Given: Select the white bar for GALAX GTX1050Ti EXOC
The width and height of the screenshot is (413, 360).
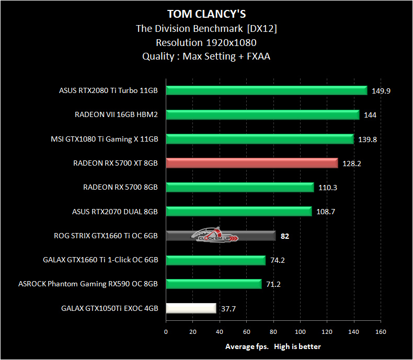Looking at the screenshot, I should [191, 308].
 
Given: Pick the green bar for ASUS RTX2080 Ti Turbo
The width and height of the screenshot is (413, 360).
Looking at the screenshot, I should [267, 90].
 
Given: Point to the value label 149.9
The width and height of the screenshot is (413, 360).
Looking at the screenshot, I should [381, 90].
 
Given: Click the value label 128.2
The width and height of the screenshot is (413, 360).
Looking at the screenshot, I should [351, 164].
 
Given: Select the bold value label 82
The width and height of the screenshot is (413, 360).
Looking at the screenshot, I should [285, 236].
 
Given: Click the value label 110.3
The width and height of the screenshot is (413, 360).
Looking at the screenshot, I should [327, 188].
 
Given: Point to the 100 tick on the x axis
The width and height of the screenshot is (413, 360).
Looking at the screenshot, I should [300, 331].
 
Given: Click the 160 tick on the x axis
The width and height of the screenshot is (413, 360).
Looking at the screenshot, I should [381, 331].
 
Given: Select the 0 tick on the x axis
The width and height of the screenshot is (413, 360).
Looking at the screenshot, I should [166, 331].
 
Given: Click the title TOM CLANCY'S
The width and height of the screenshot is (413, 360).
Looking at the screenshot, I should [206, 13].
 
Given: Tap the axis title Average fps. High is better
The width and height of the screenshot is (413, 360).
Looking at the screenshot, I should [273, 346].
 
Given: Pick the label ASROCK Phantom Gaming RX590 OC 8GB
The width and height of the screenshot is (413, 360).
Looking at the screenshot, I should [88, 284].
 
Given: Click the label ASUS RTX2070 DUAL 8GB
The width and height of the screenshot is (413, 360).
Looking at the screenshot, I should [114, 212].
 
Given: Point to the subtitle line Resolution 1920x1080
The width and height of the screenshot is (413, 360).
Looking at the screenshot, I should [206, 42].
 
